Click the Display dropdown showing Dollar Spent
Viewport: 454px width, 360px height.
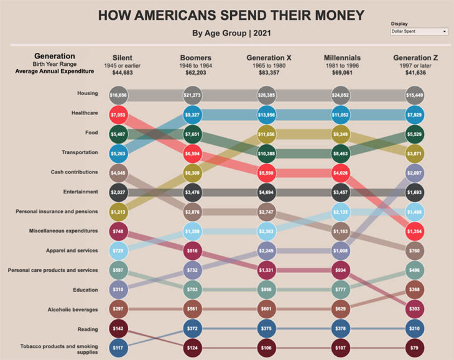[x=419, y=31]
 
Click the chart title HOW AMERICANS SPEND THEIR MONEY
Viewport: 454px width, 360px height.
[x=231, y=15]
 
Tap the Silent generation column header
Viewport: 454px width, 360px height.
[x=122, y=58]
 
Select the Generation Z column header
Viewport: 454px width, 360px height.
[x=415, y=58]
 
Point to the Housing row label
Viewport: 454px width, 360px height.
[x=87, y=93]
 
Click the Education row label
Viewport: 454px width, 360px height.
[x=86, y=290]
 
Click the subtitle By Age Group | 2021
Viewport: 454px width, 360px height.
[x=231, y=33]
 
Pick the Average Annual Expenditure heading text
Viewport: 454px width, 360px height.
[x=54, y=72]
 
